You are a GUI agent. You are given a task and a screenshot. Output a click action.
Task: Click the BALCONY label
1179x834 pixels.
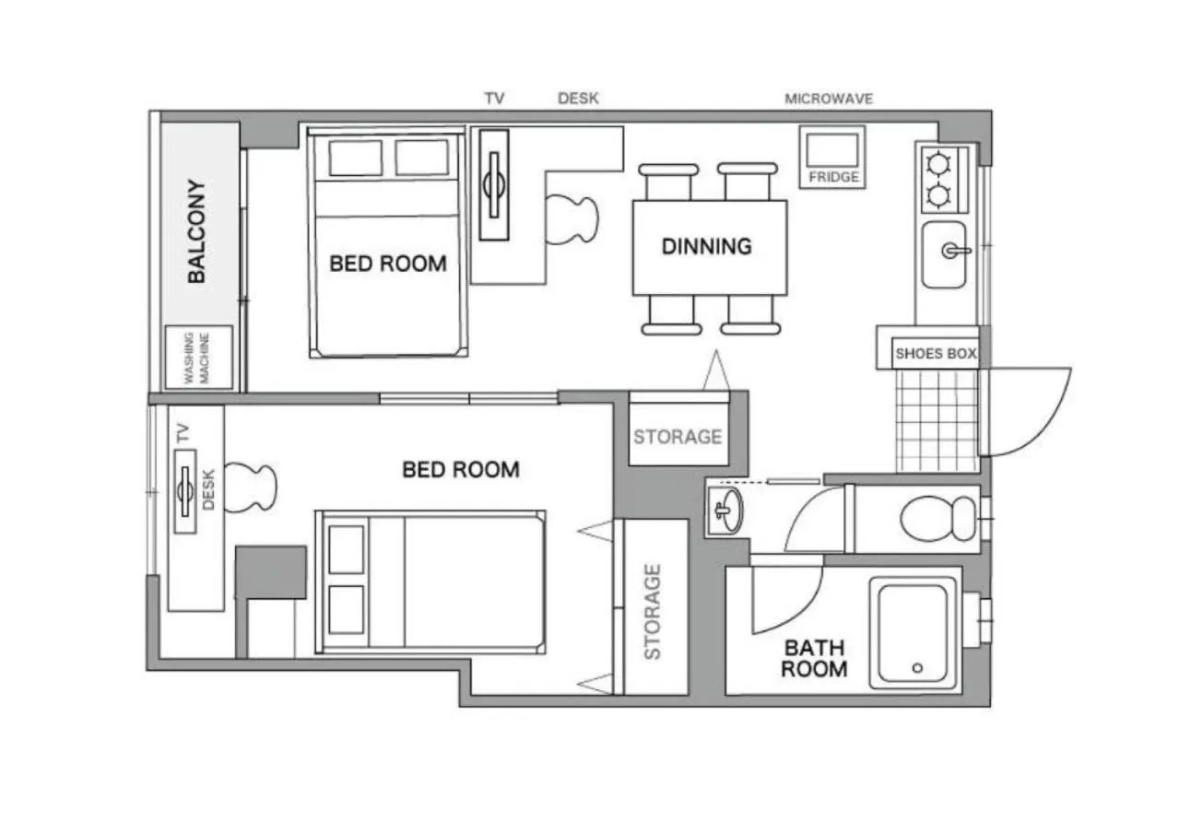[x=196, y=230]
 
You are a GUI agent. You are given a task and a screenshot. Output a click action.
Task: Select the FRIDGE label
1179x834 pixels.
[x=833, y=176]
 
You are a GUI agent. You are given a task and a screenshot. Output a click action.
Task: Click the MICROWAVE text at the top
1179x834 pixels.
[x=828, y=99]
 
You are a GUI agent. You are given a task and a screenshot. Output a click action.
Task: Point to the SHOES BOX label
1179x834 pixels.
[x=935, y=353]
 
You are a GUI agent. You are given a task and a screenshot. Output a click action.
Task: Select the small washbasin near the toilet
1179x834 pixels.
[x=727, y=510]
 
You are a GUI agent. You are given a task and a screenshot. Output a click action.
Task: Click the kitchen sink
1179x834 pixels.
[x=945, y=253]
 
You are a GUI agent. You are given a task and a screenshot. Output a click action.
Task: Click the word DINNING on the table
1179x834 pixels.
[x=706, y=246]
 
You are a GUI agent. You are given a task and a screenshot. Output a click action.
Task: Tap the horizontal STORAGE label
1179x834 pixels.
[x=678, y=436]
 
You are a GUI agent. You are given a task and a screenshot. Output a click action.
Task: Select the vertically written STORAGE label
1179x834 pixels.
[x=653, y=612]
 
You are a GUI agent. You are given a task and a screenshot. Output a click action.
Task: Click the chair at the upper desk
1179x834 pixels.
[x=573, y=218]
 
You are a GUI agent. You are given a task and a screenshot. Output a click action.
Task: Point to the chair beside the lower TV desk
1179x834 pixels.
[x=250, y=487]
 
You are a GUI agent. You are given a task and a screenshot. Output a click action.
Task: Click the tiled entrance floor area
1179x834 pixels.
[x=937, y=420]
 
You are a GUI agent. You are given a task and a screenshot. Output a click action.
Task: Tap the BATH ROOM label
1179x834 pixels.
[x=813, y=658]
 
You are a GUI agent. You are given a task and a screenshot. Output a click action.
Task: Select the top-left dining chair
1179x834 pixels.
[x=668, y=181]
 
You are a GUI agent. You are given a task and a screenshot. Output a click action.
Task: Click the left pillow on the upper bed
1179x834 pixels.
[x=356, y=158]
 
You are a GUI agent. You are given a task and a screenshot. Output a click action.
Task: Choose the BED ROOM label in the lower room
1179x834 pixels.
[x=460, y=470]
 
